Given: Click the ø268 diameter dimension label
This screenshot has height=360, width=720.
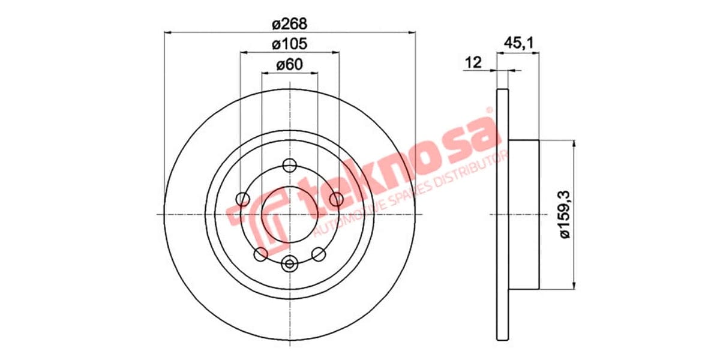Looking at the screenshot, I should pyautogui.click(x=289, y=24).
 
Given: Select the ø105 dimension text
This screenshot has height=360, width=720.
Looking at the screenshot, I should pyautogui.click(x=289, y=44).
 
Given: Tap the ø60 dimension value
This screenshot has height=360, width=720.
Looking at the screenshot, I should pyautogui.click(x=289, y=65).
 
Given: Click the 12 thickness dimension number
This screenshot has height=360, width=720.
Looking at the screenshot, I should pyautogui.click(x=473, y=62).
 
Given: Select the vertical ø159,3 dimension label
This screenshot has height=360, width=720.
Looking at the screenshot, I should pyautogui.click(x=563, y=214).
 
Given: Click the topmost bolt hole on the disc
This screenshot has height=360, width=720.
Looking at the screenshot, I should pyautogui.click(x=290, y=166).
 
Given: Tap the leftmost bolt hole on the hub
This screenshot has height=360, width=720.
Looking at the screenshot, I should pyautogui.click(x=243, y=199).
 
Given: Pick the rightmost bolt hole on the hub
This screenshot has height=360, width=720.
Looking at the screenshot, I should pyautogui.click(x=337, y=199).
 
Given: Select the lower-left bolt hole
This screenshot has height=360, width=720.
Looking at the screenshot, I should pyautogui.click(x=260, y=254).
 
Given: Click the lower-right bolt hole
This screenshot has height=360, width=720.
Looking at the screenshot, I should pyautogui.click(x=319, y=254).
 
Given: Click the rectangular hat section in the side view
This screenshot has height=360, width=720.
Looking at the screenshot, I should pyautogui.click(x=524, y=214).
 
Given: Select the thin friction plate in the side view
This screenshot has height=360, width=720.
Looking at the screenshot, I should pyautogui.click(x=503, y=214).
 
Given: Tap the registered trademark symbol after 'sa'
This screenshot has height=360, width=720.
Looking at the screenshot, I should pyautogui.click(x=489, y=111).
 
